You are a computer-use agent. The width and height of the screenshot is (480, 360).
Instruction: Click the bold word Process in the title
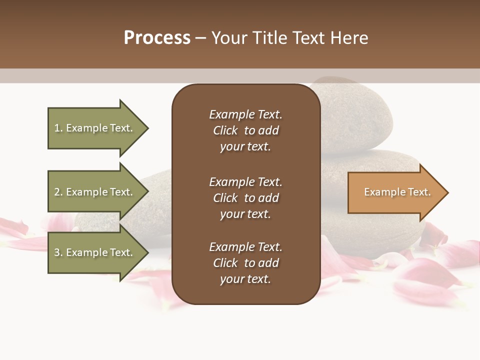(x=157, y=38)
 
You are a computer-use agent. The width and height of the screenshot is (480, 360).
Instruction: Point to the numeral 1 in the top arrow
(x=57, y=128)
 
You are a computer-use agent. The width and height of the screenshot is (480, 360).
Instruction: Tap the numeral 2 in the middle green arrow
(x=57, y=192)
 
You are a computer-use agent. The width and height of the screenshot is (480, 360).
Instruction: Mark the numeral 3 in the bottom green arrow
(x=57, y=252)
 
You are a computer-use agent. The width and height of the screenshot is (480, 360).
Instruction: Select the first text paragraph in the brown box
(x=245, y=130)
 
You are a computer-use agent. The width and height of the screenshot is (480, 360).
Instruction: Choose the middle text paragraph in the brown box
(x=245, y=198)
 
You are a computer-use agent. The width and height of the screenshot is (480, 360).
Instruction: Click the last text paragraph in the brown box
(x=245, y=263)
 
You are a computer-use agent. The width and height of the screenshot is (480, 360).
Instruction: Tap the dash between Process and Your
(x=200, y=38)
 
